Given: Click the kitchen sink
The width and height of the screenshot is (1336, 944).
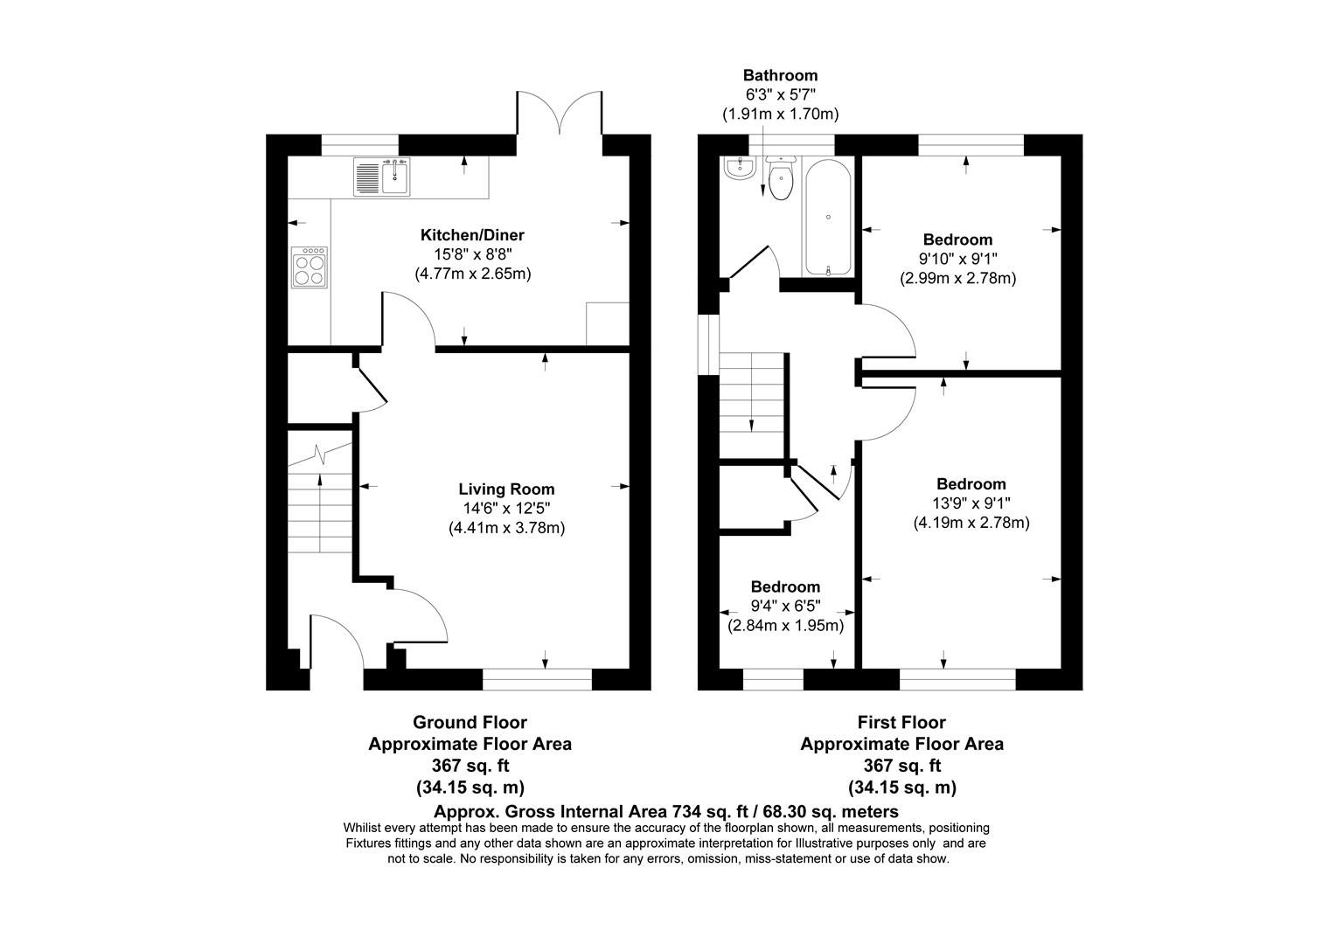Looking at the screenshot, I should [383, 177].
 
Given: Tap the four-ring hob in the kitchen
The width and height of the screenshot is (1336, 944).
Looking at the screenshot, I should [310, 267].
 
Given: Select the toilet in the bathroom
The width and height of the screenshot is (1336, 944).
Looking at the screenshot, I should [779, 179].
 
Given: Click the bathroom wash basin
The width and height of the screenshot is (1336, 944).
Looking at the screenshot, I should [740, 168].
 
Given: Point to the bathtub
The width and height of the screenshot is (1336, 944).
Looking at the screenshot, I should [827, 217].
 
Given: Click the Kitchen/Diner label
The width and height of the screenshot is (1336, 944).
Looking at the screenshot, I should [472, 235].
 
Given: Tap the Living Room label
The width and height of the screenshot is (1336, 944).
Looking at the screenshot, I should [506, 489].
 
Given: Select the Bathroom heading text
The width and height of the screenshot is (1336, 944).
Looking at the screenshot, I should [780, 76].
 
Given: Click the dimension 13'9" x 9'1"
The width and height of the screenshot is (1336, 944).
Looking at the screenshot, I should [971, 503].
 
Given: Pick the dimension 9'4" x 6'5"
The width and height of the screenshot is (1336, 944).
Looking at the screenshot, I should [785, 607].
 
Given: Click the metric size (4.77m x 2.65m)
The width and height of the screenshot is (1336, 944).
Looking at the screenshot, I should [472, 274].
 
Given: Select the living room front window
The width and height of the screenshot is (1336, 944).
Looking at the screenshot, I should [537, 678].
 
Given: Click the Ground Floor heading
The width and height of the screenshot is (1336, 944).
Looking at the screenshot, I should [470, 723].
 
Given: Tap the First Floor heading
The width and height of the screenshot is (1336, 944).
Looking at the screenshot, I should [901, 723].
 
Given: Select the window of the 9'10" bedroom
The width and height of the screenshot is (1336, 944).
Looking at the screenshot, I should [970, 144].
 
